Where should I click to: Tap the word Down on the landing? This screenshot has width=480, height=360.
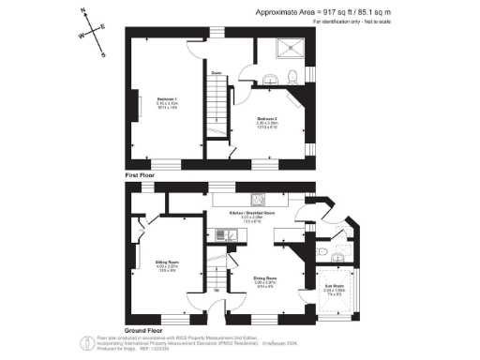[x=217, y=72]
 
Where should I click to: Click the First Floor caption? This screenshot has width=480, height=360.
[x=141, y=175]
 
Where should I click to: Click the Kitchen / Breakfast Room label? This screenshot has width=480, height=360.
[x=251, y=214]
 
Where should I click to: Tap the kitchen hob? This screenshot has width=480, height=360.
[x=256, y=198]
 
